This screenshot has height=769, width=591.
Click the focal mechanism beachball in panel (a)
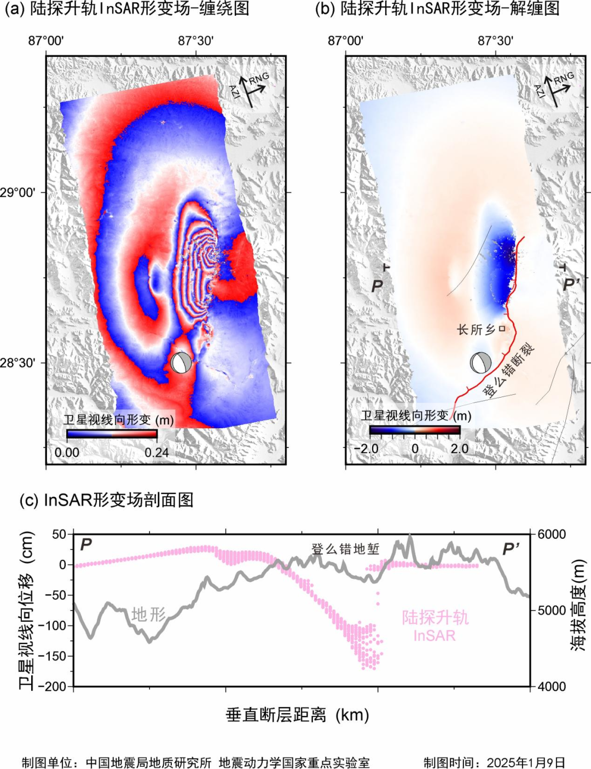[x=181, y=363]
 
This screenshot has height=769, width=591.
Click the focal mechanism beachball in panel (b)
[x=480, y=363]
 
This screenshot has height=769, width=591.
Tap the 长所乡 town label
[x=476, y=329]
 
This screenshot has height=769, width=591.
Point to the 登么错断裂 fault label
[x=508, y=369]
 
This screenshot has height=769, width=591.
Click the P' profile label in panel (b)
[x=571, y=284]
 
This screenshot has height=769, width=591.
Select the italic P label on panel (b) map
[x=377, y=286]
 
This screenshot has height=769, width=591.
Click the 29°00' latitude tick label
[x=18, y=193]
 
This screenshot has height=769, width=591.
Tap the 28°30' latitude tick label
[x=18, y=363]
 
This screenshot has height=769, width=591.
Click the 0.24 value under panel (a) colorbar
[x=157, y=452]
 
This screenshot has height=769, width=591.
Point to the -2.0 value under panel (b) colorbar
[x=366, y=449]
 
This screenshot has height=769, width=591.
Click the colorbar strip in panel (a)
[x=112, y=434]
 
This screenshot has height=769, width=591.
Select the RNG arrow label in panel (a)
[x=259, y=78]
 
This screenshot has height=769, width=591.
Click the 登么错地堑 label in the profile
[x=345, y=549]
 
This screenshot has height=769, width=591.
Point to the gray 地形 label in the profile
[x=148, y=615]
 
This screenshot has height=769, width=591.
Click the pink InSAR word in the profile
[x=434, y=635]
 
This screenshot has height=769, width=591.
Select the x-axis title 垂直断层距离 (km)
[x=298, y=715]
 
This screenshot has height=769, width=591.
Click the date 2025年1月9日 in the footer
[x=526, y=762]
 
